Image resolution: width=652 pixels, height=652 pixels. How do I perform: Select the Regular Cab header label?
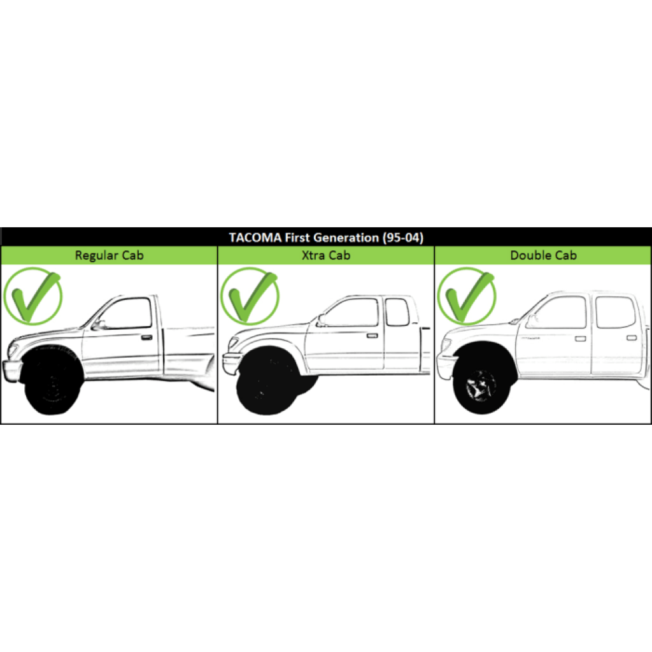pyautogui.click(x=109, y=255)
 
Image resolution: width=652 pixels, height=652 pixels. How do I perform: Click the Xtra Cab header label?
pyautogui.click(x=326, y=255)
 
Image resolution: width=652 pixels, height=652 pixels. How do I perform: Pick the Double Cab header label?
pyautogui.click(x=543, y=255)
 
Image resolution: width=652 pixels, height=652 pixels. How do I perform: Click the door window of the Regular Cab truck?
pyautogui.click(x=127, y=313)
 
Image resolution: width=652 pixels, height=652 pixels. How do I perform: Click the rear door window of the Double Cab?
pyautogui.click(x=615, y=313)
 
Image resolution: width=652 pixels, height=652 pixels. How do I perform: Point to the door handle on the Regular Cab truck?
pyautogui.click(x=146, y=337)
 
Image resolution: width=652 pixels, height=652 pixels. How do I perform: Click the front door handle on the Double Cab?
pyautogui.click(x=579, y=337)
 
